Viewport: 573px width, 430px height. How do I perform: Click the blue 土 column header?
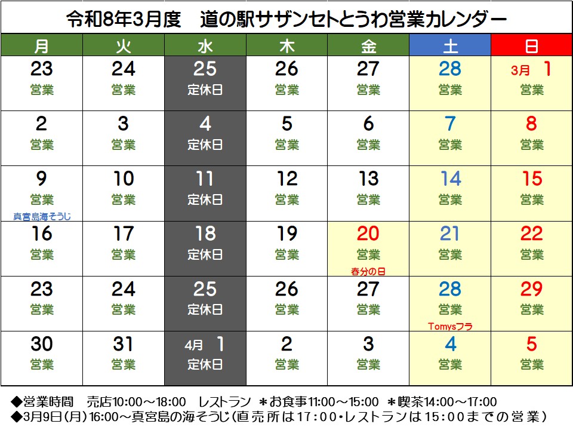tap(449, 45)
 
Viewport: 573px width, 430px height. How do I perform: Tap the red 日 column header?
tap(531, 45)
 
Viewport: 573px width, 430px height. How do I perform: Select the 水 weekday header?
tap(205, 45)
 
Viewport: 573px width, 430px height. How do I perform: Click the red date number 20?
tap(368, 234)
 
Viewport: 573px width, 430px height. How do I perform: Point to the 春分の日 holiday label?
tap(368, 271)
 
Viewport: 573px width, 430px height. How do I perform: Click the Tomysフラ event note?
tap(450, 326)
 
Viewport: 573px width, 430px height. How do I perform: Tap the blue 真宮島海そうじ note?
tap(47, 216)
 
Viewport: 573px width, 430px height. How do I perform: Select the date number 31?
tap(123, 344)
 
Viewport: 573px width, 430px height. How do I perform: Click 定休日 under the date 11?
tap(205, 200)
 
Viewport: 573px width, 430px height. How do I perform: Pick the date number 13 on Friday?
tap(368, 179)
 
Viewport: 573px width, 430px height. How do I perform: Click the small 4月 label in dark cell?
tap(194, 345)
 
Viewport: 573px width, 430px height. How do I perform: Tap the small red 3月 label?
tap(520, 70)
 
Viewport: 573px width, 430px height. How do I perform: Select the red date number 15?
tap(531, 179)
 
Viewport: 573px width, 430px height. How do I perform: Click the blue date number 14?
tap(450, 179)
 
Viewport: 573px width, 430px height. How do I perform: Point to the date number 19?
tap(286, 234)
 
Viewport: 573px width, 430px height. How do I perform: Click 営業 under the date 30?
tap(42, 364)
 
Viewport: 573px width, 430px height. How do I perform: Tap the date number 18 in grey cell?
tap(205, 234)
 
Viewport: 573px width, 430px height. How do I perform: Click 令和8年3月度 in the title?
tap(123, 20)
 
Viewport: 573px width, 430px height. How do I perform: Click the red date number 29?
tap(531, 289)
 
